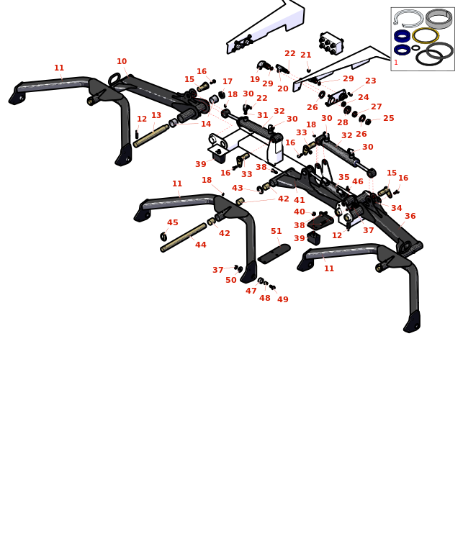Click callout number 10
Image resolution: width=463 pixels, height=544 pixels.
[122, 61]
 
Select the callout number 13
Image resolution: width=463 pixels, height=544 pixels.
[156, 115]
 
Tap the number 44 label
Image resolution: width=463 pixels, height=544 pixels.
[201, 245]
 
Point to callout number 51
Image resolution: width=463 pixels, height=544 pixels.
[277, 231]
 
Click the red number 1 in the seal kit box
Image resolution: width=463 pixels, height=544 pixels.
[395, 63]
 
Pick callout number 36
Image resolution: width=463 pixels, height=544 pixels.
[410, 216]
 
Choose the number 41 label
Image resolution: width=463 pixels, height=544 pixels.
[299, 200]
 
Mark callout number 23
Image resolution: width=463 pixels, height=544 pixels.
[371, 81]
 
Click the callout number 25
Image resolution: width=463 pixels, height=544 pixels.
[389, 118]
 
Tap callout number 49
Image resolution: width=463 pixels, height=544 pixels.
[283, 299]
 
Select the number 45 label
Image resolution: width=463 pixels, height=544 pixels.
[173, 222]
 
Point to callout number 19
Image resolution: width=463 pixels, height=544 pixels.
[255, 79]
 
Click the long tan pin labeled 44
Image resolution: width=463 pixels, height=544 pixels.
[184, 237]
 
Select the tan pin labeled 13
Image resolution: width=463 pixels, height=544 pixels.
[151, 136]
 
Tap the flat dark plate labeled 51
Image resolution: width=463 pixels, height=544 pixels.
[274, 253]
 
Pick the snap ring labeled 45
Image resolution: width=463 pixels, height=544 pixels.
[163, 237]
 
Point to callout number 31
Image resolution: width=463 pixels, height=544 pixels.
[262, 115]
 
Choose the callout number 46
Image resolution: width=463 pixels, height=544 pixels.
[357, 181]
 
